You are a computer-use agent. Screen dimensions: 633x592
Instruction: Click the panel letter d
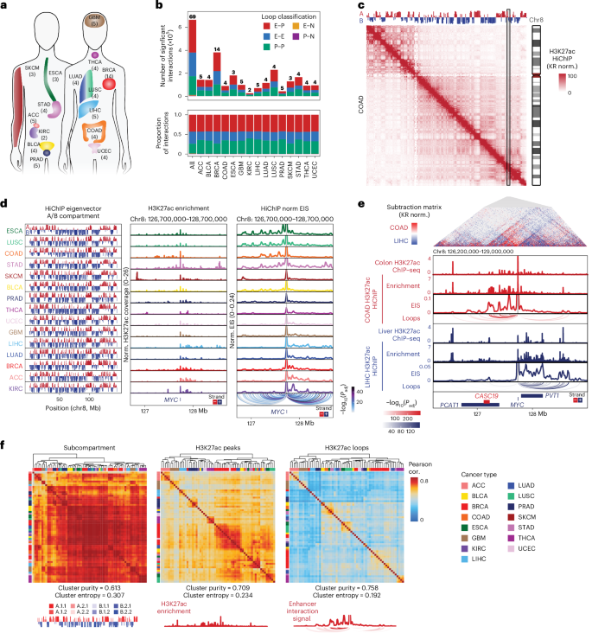(x=5, y=206)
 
